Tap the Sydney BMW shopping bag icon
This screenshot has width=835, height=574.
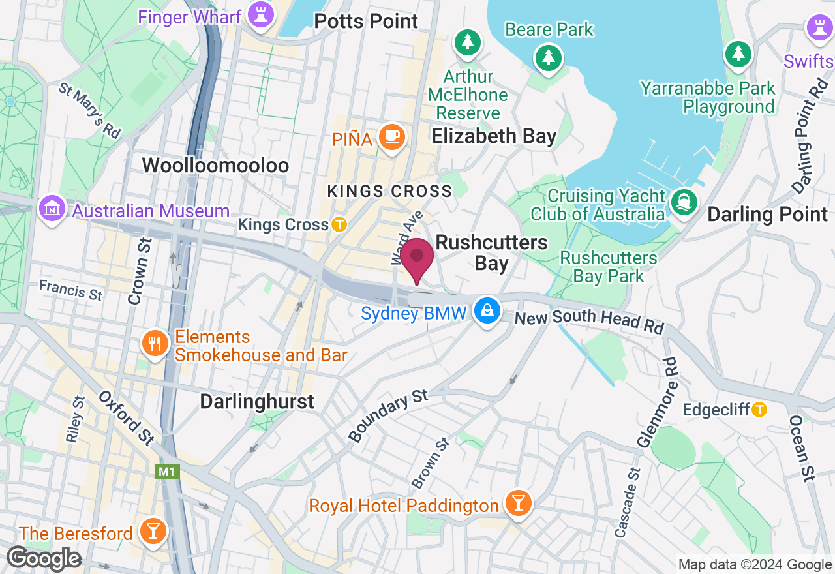coord(487,310)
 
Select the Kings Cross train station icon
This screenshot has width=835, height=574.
coord(339,224)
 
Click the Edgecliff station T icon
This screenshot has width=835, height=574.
coord(759,410)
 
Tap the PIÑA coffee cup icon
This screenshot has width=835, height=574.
coord(392,137)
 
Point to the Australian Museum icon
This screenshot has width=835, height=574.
coord(51,209)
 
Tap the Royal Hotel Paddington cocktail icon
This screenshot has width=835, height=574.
coord(519,504)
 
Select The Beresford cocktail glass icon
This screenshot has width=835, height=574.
coord(153,531)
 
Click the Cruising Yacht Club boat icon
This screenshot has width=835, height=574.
coord(684,202)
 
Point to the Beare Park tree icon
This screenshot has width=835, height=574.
coord(549,57)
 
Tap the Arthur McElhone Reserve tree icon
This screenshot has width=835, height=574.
coord(468,42)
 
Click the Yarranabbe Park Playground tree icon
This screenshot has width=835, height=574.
coord(738,53)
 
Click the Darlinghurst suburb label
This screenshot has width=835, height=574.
coord(257,401)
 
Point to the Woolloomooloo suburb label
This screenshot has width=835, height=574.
coord(215,165)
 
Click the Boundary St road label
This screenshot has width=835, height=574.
coord(388,415)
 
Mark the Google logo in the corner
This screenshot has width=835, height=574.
coord(44,559)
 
